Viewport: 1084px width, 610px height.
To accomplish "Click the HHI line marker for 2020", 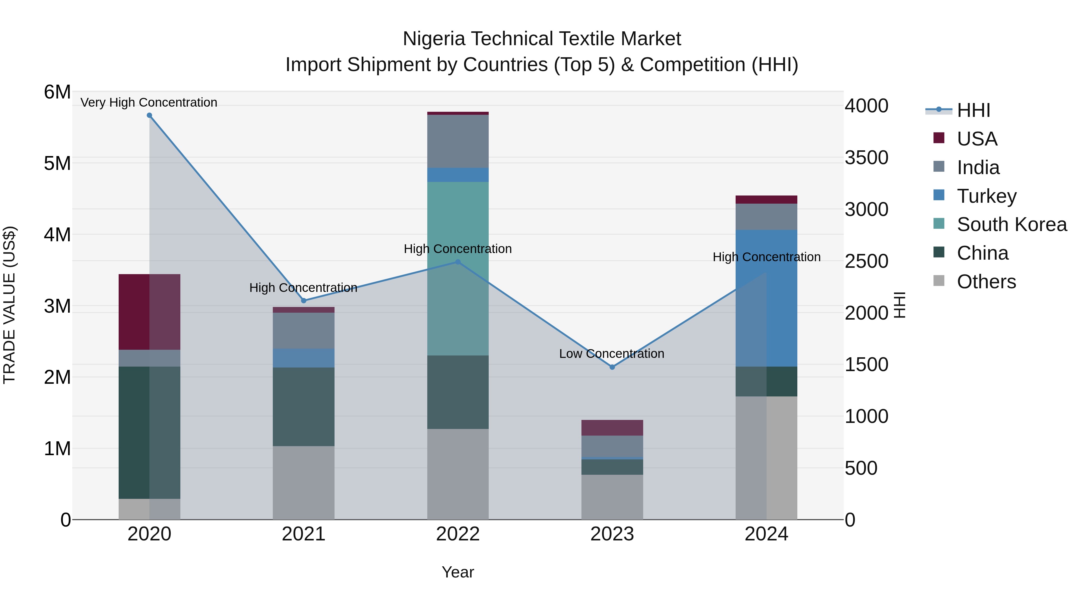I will [x=149, y=115].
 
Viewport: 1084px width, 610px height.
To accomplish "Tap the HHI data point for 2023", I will [x=612, y=367].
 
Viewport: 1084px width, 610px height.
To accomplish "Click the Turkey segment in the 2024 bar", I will [x=766, y=298].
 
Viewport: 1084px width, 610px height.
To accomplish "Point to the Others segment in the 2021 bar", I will [x=304, y=483].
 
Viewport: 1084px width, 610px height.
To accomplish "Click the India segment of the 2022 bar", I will [x=458, y=142].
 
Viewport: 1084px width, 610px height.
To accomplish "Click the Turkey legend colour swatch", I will [x=939, y=195].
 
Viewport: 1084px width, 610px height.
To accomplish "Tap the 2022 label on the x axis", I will [x=458, y=534].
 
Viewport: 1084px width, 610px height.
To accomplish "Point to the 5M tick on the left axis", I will [x=57, y=163].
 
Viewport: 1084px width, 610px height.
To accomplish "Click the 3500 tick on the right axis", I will [x=866, y=158].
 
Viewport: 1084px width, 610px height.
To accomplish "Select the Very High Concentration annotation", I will [x=149, y=102].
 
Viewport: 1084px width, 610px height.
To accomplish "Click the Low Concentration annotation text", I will [x=612, y=354].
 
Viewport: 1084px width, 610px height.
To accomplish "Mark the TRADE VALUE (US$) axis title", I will [x=9, y=305].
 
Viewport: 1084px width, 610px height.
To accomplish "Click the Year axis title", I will [x=458, y=572].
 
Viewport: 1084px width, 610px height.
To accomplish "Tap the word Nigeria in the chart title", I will [x=433, y=39].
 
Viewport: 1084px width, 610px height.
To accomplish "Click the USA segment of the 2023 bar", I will [x=612, y=428].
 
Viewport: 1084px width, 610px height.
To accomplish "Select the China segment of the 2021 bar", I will [x=304, y=407].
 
